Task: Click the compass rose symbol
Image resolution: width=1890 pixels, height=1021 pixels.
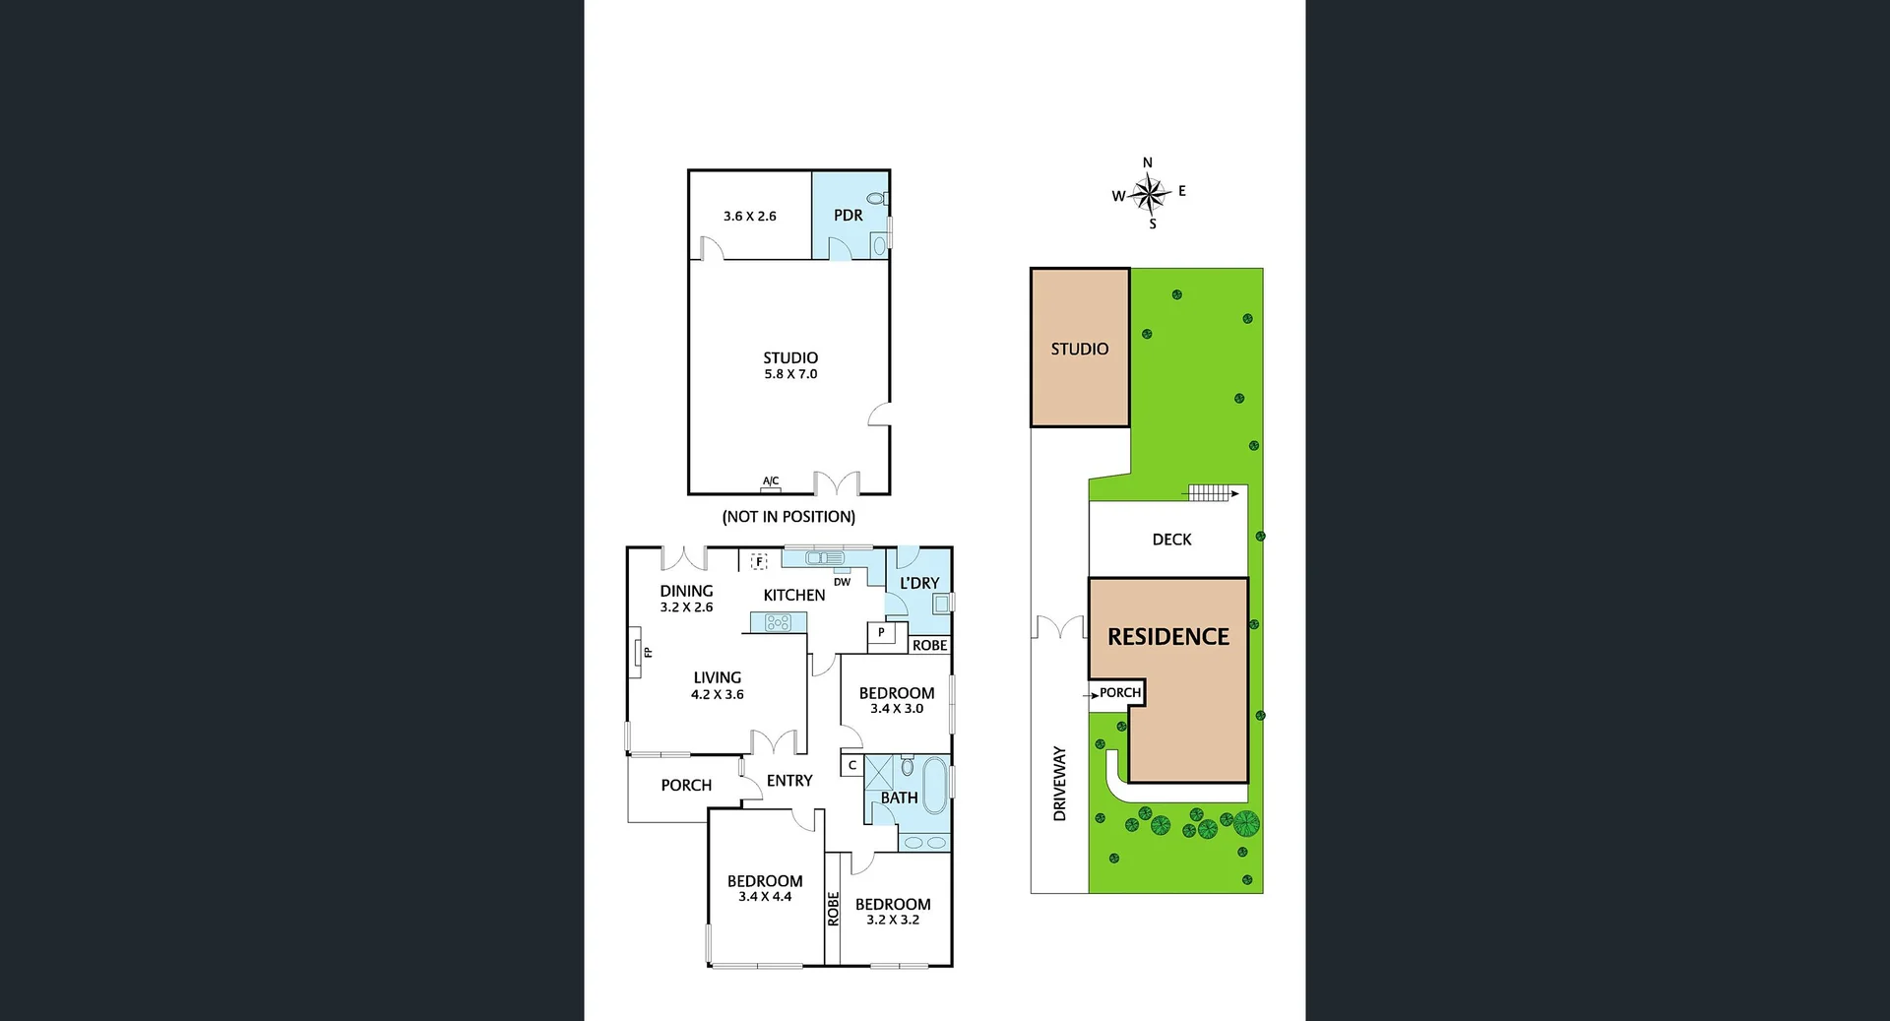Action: pyautogui.click(x=1149, y=193)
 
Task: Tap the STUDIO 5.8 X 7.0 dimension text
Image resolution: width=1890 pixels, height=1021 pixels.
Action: pyautogui.click(x=790, y=374)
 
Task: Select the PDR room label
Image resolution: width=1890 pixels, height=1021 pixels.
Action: pyautogui.click(x=848, y=215)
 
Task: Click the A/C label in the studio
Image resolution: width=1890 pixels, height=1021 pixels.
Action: pyautogui.click(x=771, y=481)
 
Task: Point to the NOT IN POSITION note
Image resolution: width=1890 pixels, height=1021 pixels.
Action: pyautogui.click(x=788, y=516)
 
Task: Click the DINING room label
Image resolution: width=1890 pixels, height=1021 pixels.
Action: pyautogui.click(x=686, y=591)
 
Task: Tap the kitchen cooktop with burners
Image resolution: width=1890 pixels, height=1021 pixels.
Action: pyautogui.click(x=778, y=622)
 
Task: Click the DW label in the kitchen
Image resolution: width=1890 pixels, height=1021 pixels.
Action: pyautogui.click(x=842, y=582)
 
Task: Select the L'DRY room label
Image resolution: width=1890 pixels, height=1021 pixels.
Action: pyautogui.click(x=919, y=583)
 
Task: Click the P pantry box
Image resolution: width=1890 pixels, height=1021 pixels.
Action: pyautogui.click(x=881, y=632)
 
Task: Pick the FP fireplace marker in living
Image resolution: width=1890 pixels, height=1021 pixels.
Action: pyautogui.click(x=647, y=652)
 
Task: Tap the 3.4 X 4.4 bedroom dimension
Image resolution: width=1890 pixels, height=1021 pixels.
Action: pyautogui.click(x=765, y=897)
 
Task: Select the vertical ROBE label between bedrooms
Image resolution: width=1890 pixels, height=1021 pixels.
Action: pyautogui.click(x=833, y=909)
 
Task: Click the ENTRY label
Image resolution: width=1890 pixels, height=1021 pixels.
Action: pyautogui.click(x=789, y=780)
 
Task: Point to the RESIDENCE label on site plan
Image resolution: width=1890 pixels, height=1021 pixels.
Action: pyautogui.click(x=1168, y=637)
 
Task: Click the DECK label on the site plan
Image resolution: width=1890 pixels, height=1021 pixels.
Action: pyautogui.click(x=1171, y=540)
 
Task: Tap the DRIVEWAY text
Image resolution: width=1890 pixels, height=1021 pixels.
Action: pyautogui.click(x=1060, y=784)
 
